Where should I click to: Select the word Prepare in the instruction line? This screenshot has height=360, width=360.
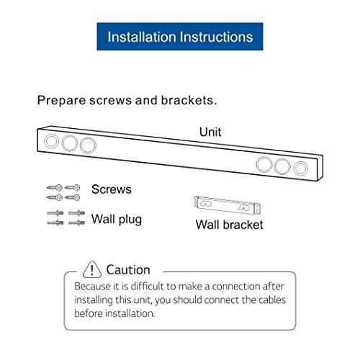coord(62,101)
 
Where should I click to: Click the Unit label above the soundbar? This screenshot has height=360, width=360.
coord(210,132)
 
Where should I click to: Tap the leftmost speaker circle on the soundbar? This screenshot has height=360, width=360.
coord(52,141)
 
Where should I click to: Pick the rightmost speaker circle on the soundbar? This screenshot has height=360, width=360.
coord(301,168)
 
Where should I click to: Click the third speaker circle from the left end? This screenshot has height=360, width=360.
coord(87,145)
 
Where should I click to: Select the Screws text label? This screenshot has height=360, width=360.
coord(111,189)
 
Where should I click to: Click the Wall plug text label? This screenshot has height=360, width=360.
coord(116,219)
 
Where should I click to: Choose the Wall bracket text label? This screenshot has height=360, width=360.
coord(229,225)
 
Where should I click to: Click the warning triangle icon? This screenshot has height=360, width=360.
coord(93,269)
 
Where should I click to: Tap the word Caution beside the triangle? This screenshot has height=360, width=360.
coord(128,270)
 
